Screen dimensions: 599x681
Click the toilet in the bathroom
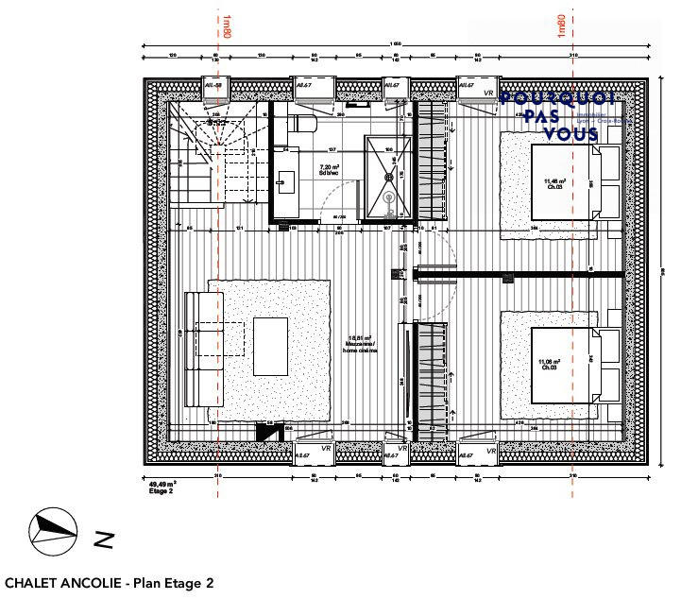(x=298, y=124)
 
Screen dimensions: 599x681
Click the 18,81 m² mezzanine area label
(x=360, y=347)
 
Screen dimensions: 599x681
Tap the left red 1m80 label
(x=227, y=26)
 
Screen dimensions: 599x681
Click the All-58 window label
(x=213, y=85)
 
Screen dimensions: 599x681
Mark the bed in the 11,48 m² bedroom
(x=563, y=182)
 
